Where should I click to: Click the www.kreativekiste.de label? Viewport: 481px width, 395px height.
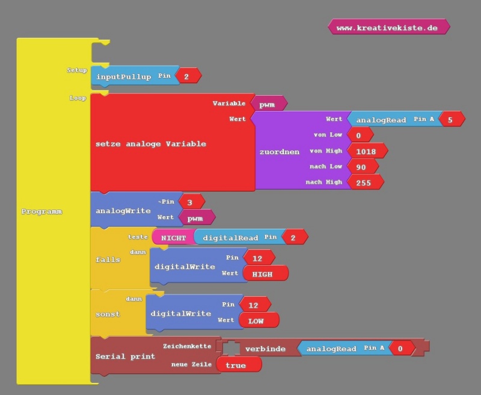click(388, 28)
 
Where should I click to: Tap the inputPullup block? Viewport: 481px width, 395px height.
click(124, 77)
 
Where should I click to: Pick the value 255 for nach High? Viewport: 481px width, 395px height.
click(364, 182)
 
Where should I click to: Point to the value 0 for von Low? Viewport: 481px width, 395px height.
click(358, 135)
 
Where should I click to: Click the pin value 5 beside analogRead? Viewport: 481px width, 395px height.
click(450, 119)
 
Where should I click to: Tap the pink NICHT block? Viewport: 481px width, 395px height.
click(173, 237)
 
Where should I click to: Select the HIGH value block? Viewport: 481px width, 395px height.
click(263, 273)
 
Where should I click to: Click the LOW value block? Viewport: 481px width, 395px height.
click(257, 320)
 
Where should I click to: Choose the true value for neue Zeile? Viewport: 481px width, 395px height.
click(236, 365)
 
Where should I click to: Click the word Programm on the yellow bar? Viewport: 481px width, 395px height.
click(41, 212)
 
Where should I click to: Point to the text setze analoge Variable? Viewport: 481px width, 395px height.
click(151, 144)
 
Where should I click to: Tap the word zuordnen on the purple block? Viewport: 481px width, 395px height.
click(279, 152)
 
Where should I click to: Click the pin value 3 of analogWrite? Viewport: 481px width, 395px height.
click(189, 202)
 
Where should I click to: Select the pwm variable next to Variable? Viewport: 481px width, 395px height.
click(268, 104)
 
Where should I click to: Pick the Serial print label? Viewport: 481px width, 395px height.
click(125, 356)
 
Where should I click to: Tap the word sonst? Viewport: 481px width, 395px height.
click(107, 314)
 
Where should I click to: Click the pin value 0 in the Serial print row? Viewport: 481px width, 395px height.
click(400, 348)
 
